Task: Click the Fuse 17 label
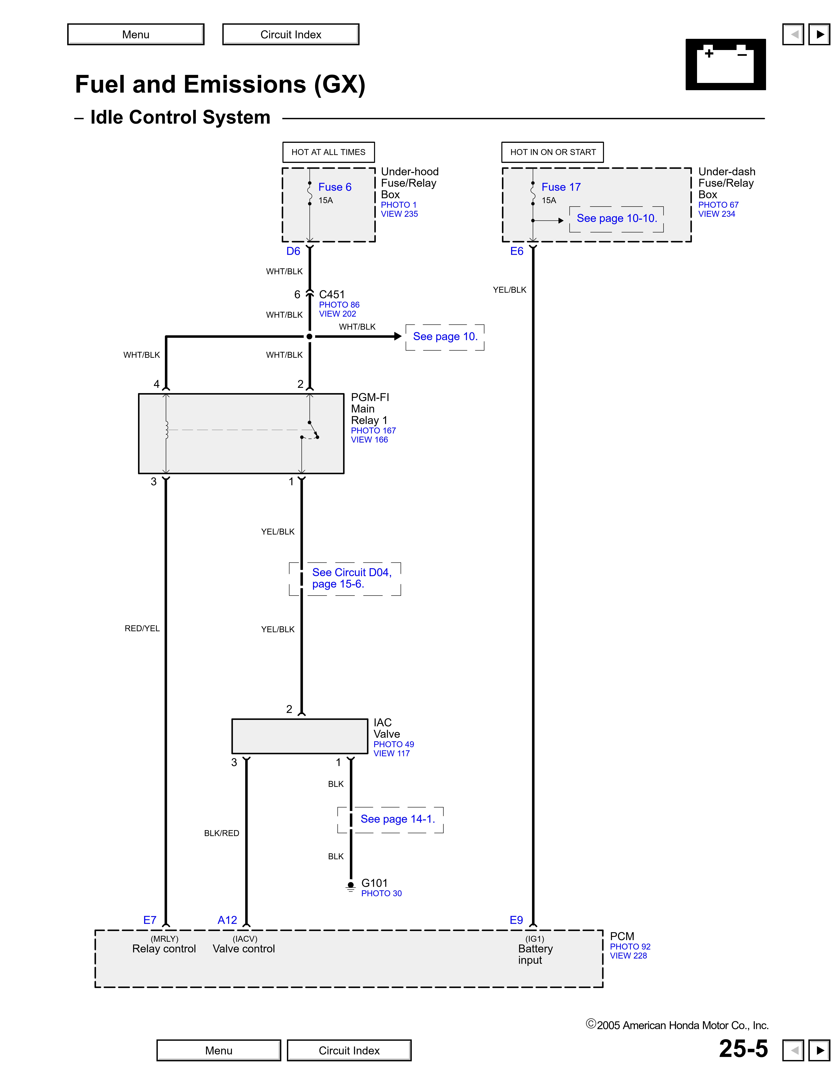pos(561,187)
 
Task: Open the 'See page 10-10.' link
pos(616,218)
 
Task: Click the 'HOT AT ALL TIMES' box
pos(328,152)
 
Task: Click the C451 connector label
pos(332,294)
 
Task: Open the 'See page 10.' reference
pos(445,337)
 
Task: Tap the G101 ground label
pos(374,883)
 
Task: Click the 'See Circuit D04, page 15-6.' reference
pos(351,578)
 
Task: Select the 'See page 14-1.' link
pos(398,819)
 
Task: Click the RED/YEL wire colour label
pos(142,629)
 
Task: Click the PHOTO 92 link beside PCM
pos(630,947)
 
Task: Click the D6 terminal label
pos(293,251)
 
